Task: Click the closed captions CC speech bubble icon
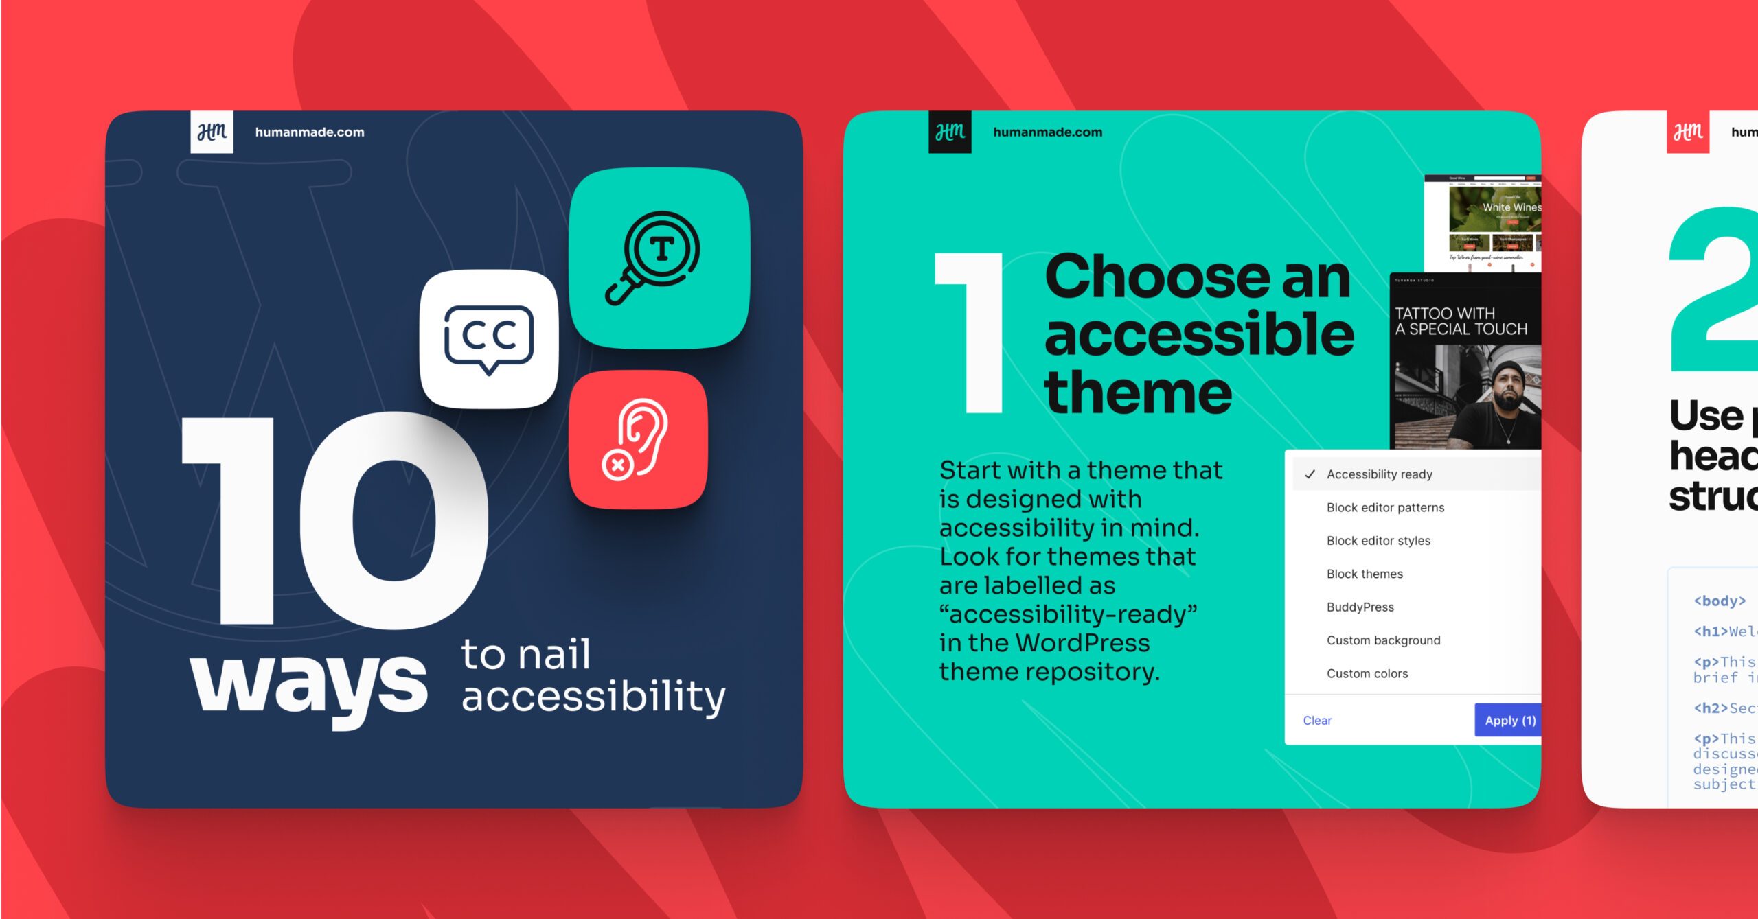point(488,338)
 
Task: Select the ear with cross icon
point(637,439)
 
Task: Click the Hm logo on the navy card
point(212,132)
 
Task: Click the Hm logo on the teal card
point(950,132)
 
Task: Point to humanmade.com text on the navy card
point(310,132)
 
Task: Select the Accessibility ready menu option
point(1379,474)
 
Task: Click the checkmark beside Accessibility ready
point(1310,474)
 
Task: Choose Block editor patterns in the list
point(1385,508)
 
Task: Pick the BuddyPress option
point(1360,607)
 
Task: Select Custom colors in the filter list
point(1367,674)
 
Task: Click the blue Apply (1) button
point(1509,721)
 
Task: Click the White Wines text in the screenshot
point(1511,207)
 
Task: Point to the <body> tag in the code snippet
point(1719,601)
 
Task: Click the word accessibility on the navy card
point(593,697)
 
